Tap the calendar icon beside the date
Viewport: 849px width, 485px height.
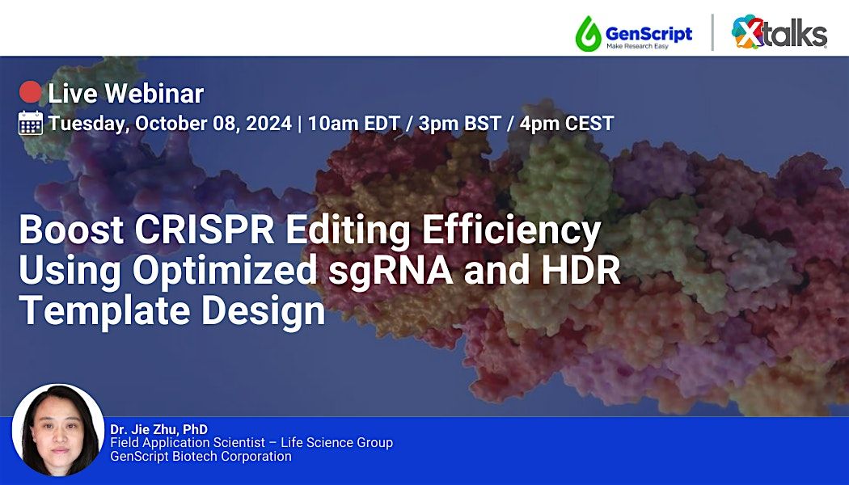click(x=31, y=124)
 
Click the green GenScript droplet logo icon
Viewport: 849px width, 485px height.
click(x=588, y=33)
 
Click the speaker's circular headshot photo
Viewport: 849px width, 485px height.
click(x=58, y=430)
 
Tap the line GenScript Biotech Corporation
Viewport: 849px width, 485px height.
click(x=201, y=457)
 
